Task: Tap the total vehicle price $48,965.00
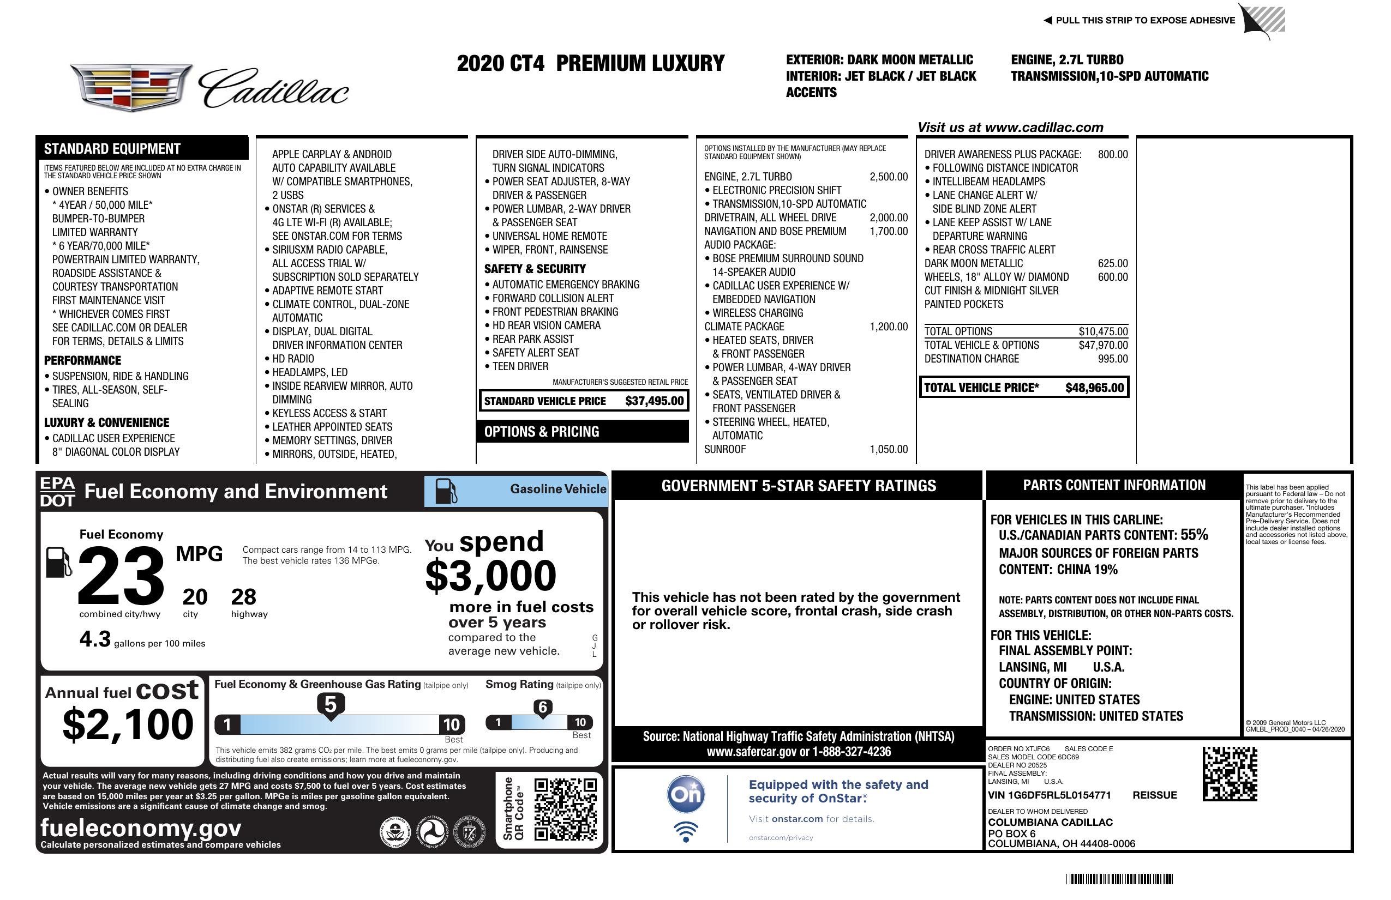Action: pos(1094,388)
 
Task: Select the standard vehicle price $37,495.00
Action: pos(654,401)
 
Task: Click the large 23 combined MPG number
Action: pos(121,576)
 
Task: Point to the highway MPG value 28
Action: pos(243,597)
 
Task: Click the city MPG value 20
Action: pos(195,597)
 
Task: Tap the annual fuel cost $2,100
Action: pos(128,724)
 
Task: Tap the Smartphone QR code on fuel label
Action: pos(565,808)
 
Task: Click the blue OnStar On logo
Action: pos(686,794)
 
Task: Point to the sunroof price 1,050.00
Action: pos(889,449)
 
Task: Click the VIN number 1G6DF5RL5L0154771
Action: pos(1049,795)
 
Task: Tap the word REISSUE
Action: pos(1154,795)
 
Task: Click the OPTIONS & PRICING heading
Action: pos(541,432)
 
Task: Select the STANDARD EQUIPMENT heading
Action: pos(112,149)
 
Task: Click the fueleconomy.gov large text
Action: pos(141,827)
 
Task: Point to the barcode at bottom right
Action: pos(1119,879)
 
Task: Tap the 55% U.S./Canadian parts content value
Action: pos(1194,534)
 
